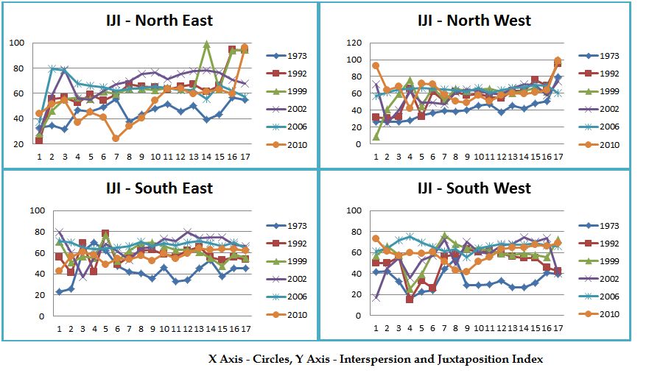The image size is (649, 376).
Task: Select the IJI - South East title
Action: (x=159, y=188)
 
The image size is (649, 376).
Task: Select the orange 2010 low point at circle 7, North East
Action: (x=116, y=138)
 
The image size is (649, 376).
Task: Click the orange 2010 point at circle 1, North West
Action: (x=376, y=65)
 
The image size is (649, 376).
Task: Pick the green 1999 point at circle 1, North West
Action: (x=376, y=136)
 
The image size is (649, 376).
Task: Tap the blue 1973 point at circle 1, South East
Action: (x=60, y=292)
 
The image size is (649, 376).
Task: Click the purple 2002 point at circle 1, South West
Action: (x=376, y=298)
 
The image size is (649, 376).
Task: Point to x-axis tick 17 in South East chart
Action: (x=245, y=327)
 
